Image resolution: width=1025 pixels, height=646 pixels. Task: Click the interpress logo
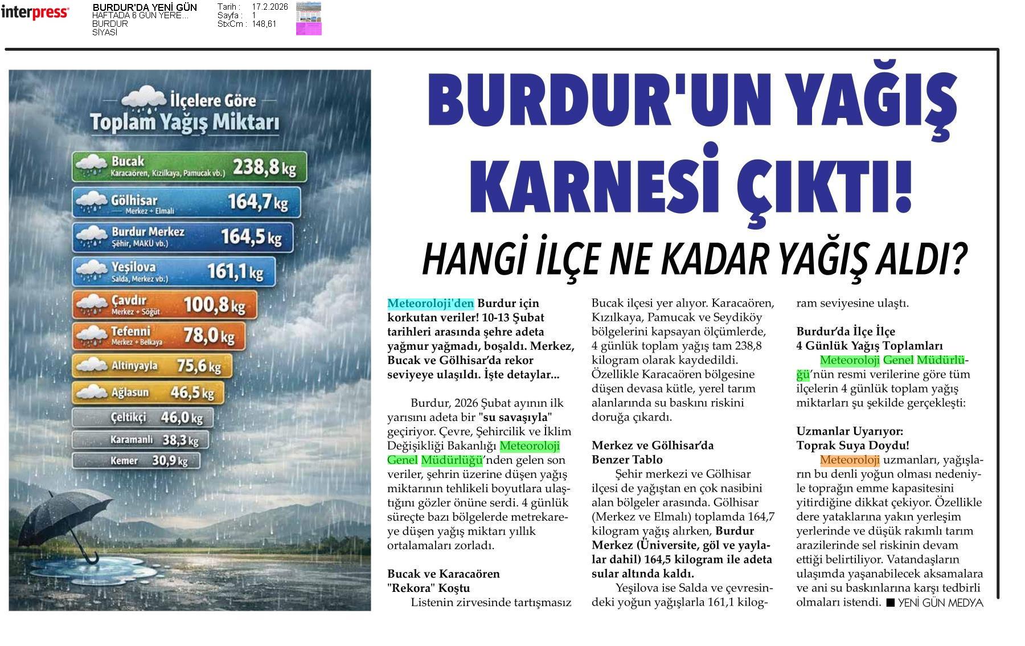35,12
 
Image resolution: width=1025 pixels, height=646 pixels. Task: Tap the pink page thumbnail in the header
309,19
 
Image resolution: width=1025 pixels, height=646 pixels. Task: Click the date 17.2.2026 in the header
269,7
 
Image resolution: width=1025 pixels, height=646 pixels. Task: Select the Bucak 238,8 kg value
264,167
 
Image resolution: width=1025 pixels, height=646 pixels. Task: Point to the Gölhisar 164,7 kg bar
186,203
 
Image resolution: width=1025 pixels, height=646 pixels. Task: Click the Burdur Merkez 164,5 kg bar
183,237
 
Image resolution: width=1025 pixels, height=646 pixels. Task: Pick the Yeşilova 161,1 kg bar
174,271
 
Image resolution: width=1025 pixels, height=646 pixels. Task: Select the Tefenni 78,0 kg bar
159,336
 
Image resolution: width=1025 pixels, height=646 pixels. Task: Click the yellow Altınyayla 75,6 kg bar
152,366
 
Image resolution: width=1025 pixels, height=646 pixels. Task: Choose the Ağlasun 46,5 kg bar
148,392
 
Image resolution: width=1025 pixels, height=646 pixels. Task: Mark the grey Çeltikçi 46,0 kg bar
143,418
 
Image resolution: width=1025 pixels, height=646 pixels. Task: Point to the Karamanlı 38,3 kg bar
140,440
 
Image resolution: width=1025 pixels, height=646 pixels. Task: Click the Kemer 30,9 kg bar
137,460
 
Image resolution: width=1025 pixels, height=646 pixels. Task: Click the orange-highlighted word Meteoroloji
850,460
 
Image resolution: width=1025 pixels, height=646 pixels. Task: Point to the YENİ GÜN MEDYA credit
934,603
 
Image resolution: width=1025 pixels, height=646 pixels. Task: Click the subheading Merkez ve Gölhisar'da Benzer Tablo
652,452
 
